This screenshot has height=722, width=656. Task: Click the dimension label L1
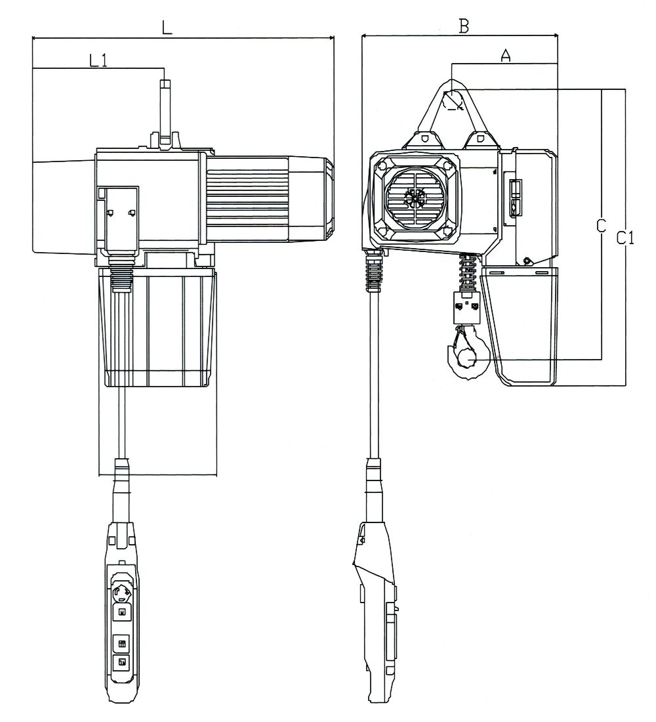coord(98,60)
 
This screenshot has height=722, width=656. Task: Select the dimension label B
coord(464,26)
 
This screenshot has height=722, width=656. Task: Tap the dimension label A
coord(505,56)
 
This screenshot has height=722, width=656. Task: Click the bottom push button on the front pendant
coord(121,662)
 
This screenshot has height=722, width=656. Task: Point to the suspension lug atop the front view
coord(165,112)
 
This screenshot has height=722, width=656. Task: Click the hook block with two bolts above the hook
coord(467,307)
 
